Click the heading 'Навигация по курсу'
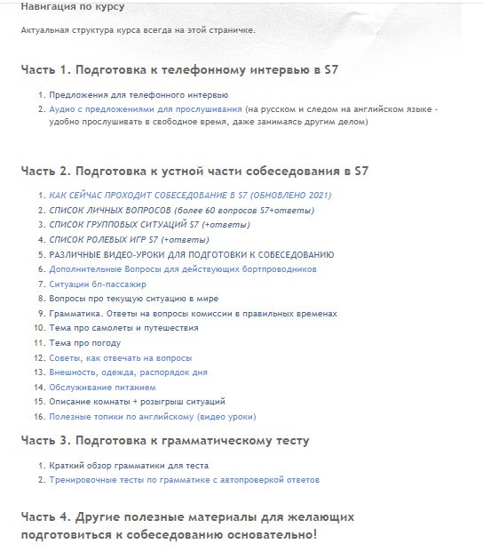click(x=72, y=7)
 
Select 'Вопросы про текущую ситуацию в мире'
click(x=133, y=299)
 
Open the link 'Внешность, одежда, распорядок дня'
click(x=128, y=372)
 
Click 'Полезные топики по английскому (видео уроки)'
click(x=153, y=416)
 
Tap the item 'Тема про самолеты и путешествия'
click(x=123, y=328)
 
